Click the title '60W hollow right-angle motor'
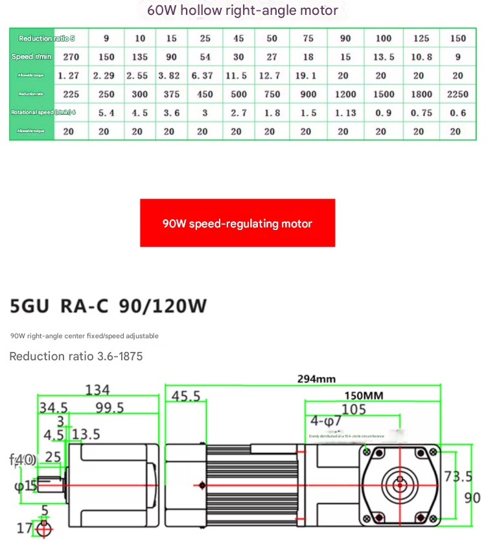coord(242,10)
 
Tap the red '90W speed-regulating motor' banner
coord(237,224)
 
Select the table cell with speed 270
coord(69,57)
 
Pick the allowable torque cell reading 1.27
coord(69,76)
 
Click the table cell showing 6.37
coord(202,76)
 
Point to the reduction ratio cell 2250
coord(457,94)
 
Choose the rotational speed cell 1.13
coord(345,113)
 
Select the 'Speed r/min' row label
coord(32,57)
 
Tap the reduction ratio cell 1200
coord(345,94)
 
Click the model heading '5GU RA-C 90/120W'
coord(108,306)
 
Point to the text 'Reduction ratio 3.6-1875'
coord(76,356)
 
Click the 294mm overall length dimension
coord(316,379)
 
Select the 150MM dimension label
coord(364,396)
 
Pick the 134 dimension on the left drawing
coord(98,390)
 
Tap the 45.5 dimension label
coord(186,396)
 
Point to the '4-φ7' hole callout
coord(325,421)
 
